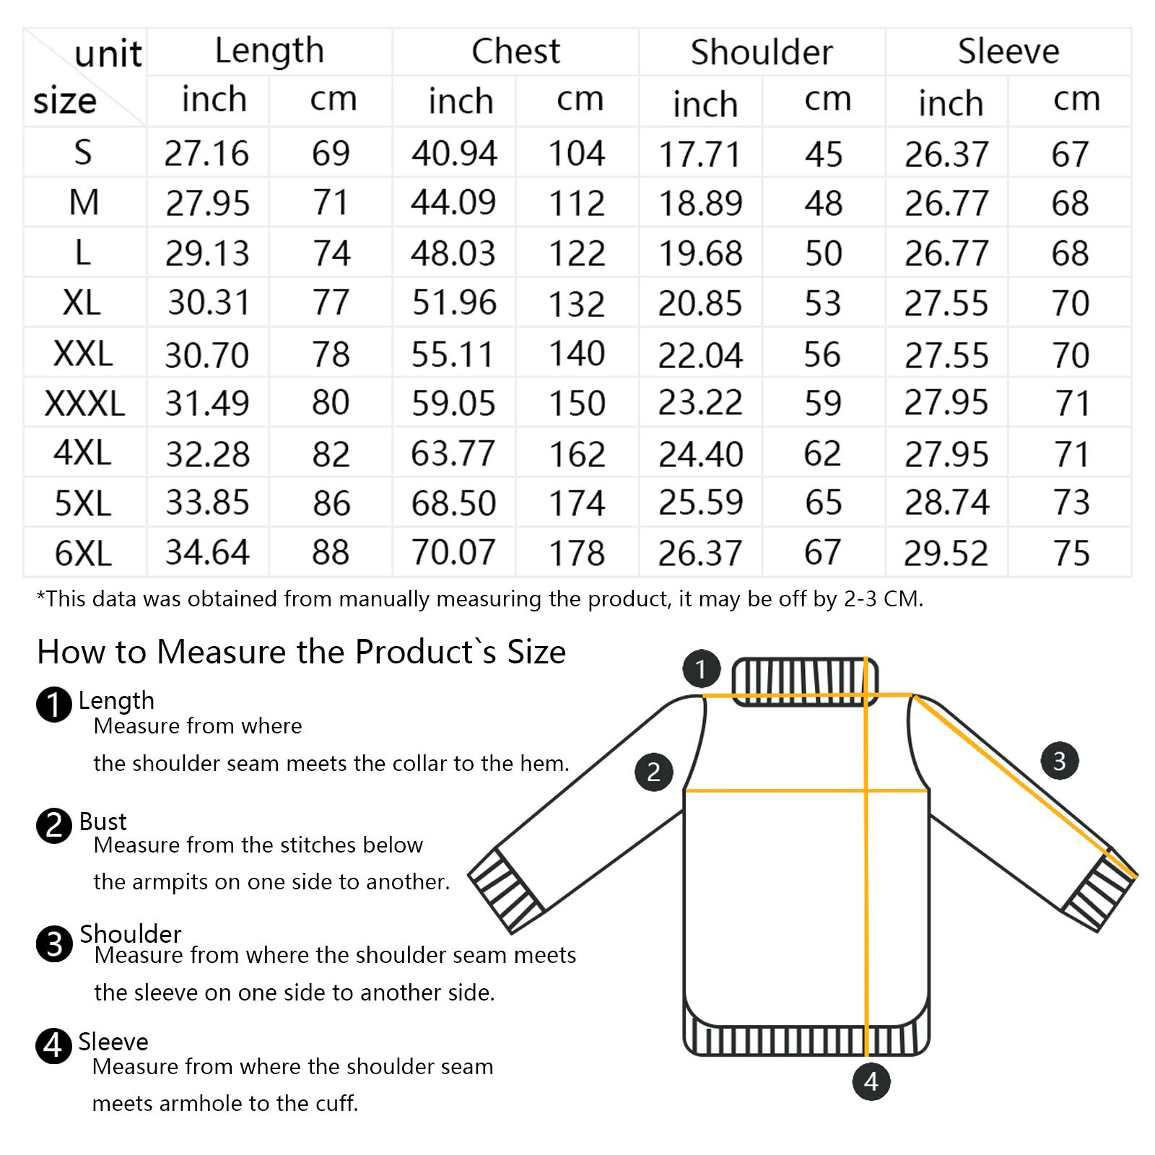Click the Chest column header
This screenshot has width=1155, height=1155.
point(515,51)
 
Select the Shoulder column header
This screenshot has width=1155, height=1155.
point(762,52)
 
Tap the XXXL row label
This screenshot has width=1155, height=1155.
point(84,403)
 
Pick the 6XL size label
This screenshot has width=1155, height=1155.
point(83,554)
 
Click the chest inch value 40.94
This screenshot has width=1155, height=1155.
point(454,153)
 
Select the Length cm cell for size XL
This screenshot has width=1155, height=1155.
point(331,302)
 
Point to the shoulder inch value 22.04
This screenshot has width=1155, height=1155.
point(700,355)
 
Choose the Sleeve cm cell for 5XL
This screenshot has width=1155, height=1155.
point(1071,502)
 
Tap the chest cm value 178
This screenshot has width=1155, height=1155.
point(577,554)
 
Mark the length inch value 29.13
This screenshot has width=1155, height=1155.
point(207,253)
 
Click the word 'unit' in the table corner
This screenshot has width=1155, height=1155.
point(108,53)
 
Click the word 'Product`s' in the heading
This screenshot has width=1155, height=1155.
point(426,652)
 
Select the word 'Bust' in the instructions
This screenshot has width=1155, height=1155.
point(103,821)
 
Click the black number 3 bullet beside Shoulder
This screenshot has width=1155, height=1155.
point(54,944)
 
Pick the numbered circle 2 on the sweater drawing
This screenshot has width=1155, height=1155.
point(654,772)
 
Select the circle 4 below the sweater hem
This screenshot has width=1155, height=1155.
point(871,1081)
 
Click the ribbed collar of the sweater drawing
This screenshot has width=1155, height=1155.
point(805,680)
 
